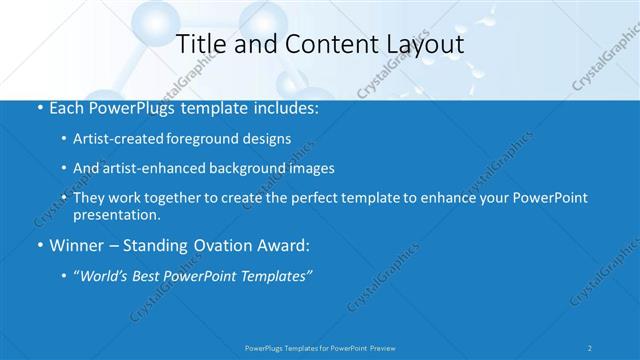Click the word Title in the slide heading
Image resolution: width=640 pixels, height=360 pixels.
pyautogui.click(x=199, y=44)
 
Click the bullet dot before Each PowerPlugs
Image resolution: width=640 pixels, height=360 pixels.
pyautogui.click(x=38, y=106)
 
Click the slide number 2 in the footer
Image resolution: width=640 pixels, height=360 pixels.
pyautogui.click(x=590, y=347)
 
